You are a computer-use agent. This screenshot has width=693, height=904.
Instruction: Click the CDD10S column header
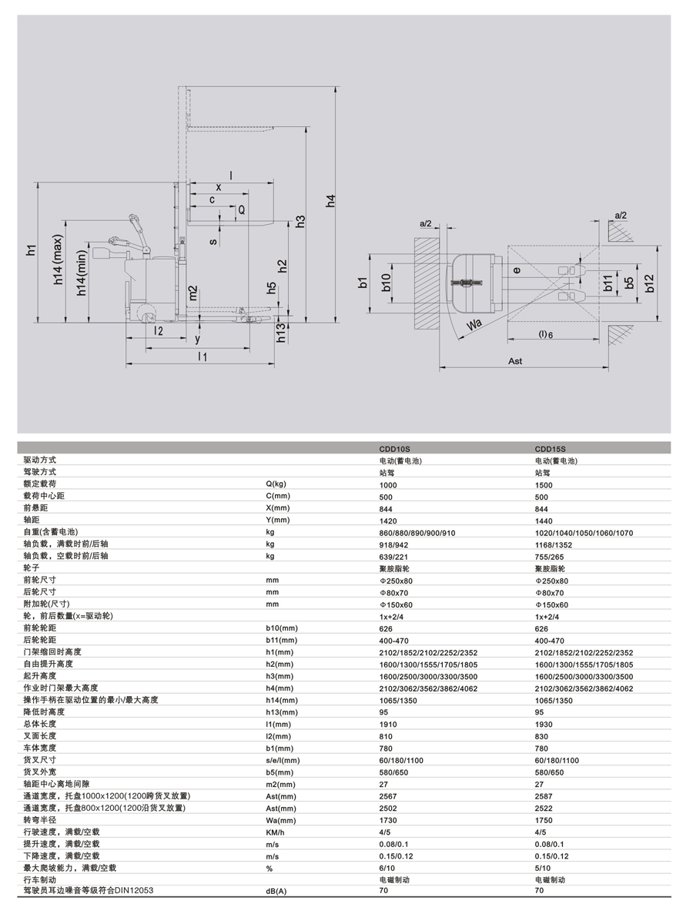coord(395,448)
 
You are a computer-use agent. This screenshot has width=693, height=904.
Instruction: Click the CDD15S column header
coord(551,448)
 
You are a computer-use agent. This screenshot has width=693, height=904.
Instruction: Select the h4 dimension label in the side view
coord(330,202)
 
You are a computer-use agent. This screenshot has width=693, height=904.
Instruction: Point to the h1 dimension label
coord(31,249)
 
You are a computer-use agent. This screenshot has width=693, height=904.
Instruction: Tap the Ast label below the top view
coord(516,360)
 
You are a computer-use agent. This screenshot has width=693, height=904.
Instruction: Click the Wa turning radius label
coord(474,324)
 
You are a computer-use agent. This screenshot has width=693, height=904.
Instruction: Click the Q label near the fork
coord(240,209)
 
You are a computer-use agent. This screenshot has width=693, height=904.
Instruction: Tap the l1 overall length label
coord(202,357)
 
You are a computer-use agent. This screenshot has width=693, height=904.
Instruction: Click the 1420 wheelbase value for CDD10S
coord(388,521)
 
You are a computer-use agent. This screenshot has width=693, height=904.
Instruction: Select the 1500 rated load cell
coord(544,485)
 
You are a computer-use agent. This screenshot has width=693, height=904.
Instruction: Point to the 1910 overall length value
coord(388,725)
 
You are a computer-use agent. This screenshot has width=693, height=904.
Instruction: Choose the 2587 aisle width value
coord(544,796)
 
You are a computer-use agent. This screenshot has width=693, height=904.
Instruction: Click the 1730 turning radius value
coord(388,820)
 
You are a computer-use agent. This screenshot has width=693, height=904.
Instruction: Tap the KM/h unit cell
coord(275,832)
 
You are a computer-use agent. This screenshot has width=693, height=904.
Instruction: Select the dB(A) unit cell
coord(276,892)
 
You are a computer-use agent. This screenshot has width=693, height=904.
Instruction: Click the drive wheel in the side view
coord(144,312)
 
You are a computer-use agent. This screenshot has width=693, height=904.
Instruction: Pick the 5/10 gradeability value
coord(543,868)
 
